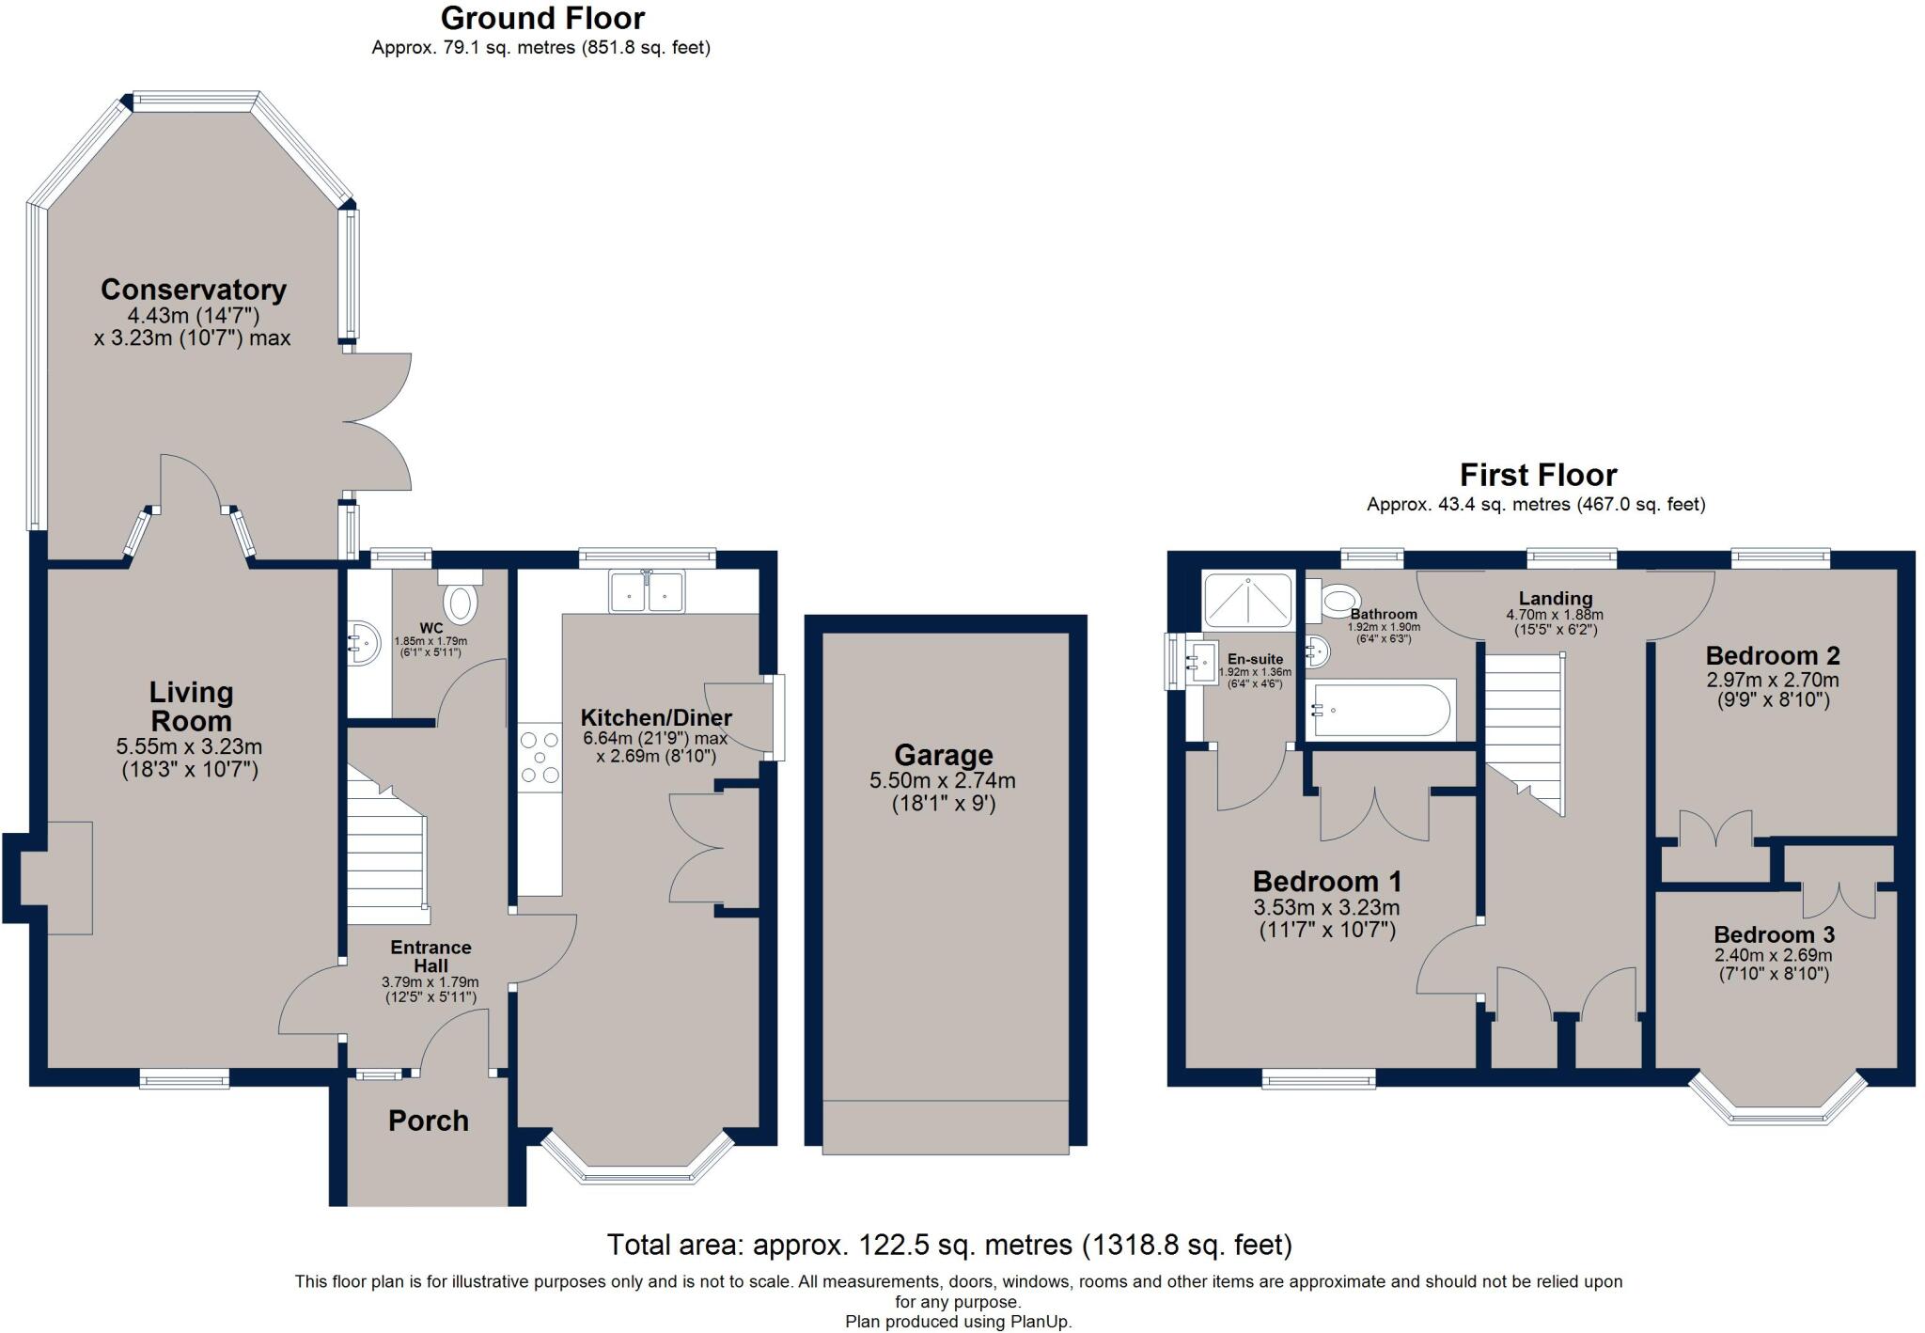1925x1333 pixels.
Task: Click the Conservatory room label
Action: coord(193,290)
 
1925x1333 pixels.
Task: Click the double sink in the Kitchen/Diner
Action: coord(647,591)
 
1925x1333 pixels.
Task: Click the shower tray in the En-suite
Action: coord(1247,600)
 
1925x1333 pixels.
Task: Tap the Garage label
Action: coord(943,755)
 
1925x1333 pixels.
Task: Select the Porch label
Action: coord(428,1121)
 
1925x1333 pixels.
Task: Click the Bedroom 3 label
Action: coord(1774,934)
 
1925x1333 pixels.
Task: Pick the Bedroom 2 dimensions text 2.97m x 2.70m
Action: coord(1773,680)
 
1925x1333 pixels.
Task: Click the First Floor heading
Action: coord(1538,475)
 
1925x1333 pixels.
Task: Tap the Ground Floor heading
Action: coord(542,18)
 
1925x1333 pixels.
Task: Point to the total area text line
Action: coord(949,1245)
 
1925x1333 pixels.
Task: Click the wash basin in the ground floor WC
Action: coord(362,642)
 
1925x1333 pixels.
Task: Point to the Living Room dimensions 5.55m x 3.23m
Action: coord(189,747)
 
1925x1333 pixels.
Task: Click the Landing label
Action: coord(1555,598)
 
